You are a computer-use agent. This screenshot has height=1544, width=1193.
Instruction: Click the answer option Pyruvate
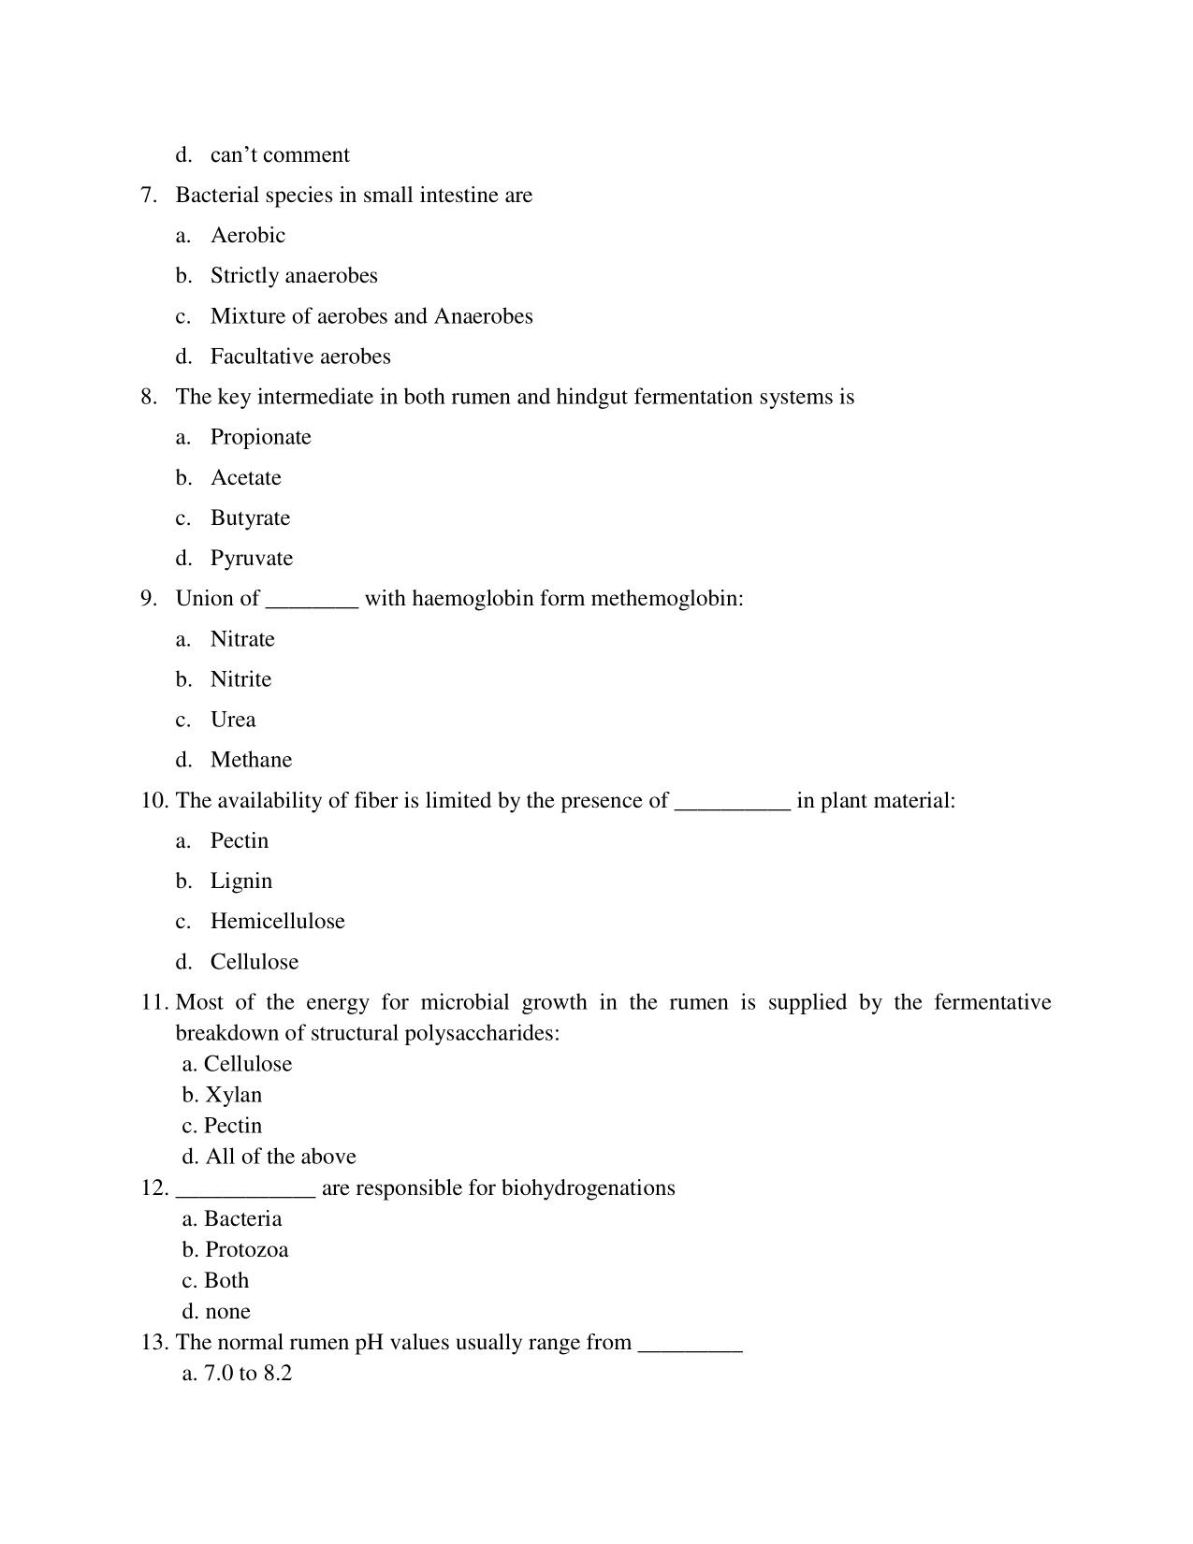coord(251,559)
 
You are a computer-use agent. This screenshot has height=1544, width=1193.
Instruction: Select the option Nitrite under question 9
coord(240,679)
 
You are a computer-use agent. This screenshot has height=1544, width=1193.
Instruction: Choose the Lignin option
coord(240,881)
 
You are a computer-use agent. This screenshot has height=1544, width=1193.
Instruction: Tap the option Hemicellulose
coord(277,922)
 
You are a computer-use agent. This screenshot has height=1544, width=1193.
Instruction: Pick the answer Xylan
coord(233,1095)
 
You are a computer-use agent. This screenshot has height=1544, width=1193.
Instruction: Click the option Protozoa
coord(246,1250)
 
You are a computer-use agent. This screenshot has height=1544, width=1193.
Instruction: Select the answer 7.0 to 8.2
coord(247,1374)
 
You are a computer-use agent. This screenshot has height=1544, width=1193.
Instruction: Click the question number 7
coord(149,196)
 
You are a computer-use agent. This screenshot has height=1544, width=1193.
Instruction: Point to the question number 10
coord(154,801)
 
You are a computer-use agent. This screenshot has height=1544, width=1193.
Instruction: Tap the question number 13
coord(154,1343)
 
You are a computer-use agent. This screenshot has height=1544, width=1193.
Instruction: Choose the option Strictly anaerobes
coord(294,276)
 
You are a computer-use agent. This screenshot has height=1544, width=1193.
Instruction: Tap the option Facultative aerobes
coord(300,357)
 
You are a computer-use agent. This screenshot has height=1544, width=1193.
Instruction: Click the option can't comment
coord(280,155)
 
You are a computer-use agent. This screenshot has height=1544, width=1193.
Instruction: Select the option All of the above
coord(280,1158)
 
